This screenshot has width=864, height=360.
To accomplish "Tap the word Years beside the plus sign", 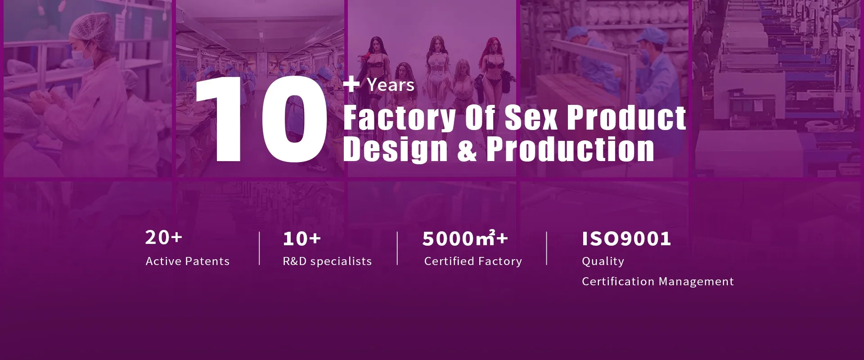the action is pos(391,85).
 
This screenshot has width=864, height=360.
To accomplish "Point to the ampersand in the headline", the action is pos(467,150).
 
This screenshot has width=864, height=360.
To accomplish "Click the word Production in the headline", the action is pos(571,149).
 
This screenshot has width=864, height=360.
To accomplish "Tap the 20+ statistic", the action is pos(163,237).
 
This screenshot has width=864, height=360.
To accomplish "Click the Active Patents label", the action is pos(188,261).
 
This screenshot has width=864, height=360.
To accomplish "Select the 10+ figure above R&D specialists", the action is pos(301,238).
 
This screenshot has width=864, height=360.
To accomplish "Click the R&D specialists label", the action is pos(327,261).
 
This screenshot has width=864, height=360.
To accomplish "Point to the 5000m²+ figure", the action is pos(465,238).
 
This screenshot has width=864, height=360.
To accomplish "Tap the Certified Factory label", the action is pos(473,261).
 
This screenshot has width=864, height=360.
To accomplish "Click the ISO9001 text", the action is pos(626,239).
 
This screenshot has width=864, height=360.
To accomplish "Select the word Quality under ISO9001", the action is pos(603,261).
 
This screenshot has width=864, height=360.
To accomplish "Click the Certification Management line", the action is pos(658,282).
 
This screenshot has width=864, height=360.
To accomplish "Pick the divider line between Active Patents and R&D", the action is pos(260,248).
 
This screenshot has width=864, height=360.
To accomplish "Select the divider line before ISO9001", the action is pos(547,248).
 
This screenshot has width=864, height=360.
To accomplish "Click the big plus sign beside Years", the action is pos(351,84).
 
